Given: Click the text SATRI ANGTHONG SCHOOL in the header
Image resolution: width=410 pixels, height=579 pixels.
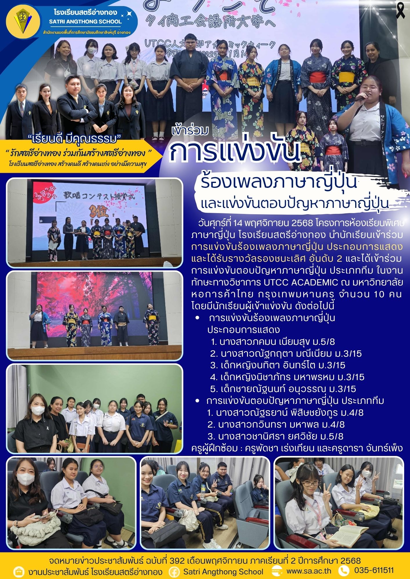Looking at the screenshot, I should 85,21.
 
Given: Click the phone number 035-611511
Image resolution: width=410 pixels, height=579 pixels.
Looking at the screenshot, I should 374,570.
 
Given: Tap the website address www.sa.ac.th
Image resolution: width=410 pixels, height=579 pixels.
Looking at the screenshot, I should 309,571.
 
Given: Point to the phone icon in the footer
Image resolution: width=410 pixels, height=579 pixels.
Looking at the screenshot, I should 344,571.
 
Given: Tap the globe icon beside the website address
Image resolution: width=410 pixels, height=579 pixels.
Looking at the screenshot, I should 277,571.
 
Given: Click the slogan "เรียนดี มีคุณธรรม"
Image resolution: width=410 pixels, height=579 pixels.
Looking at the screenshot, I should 76,139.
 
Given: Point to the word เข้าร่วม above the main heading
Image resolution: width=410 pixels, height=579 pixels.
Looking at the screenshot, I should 190,131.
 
